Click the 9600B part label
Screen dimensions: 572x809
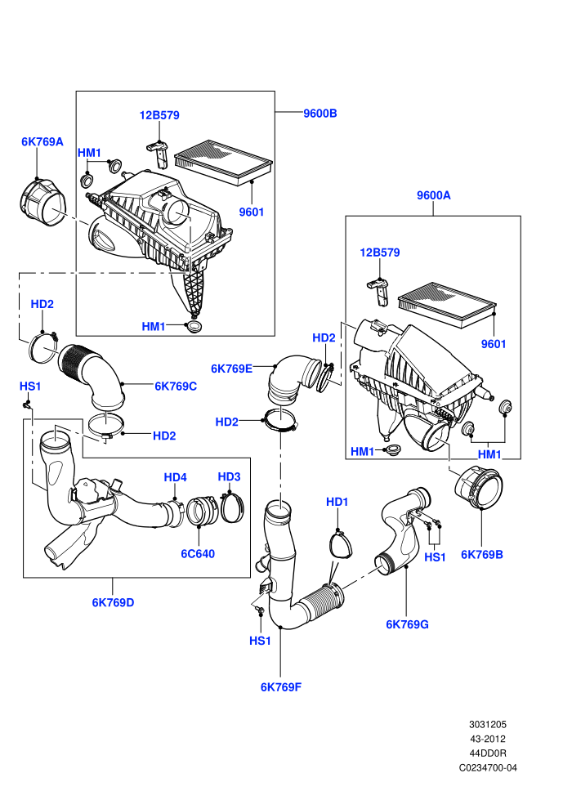[x=320, y=114]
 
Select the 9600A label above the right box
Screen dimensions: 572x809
[x=433, y=195]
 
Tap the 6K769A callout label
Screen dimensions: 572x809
[x=42, y=141]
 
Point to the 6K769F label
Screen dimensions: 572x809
[x=280, y=686]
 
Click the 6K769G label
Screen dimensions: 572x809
[x=407, y=624]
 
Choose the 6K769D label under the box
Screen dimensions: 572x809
[x=113, y=602]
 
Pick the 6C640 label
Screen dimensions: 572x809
[x=198, y=553]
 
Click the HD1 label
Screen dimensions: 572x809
[x=337, y=502]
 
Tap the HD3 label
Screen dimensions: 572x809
[x=229, y=476]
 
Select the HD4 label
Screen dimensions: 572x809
[x=176, y=477]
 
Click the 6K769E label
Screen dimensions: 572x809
[x=231, y=369]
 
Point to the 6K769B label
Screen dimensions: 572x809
[x=482, y=555]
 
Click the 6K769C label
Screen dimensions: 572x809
[x=176, y=386]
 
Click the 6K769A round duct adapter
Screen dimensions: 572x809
[x=43, y=203]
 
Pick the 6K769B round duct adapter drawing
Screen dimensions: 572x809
[x=478, y=488]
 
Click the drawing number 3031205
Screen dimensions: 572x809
[x=487, y=724]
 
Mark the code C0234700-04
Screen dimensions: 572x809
[x=487, y=767]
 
